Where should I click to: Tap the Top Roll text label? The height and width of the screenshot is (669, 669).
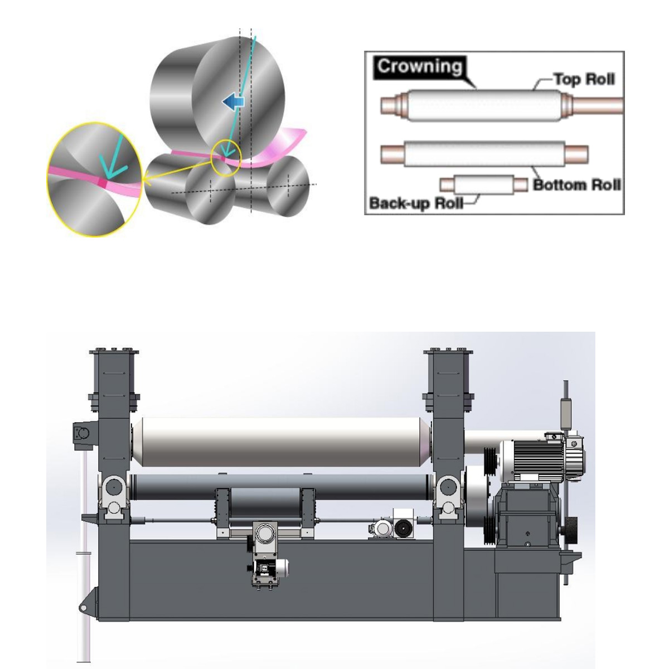point(584,79)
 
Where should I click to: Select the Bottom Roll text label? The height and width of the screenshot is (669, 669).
point(577,185)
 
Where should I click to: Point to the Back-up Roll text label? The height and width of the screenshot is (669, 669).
point(416,203)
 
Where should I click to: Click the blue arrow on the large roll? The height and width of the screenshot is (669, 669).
point(234,101)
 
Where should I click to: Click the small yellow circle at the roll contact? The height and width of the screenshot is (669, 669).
point(226,158)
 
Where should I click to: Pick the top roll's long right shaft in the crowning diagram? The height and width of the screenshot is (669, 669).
point(597,105)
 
